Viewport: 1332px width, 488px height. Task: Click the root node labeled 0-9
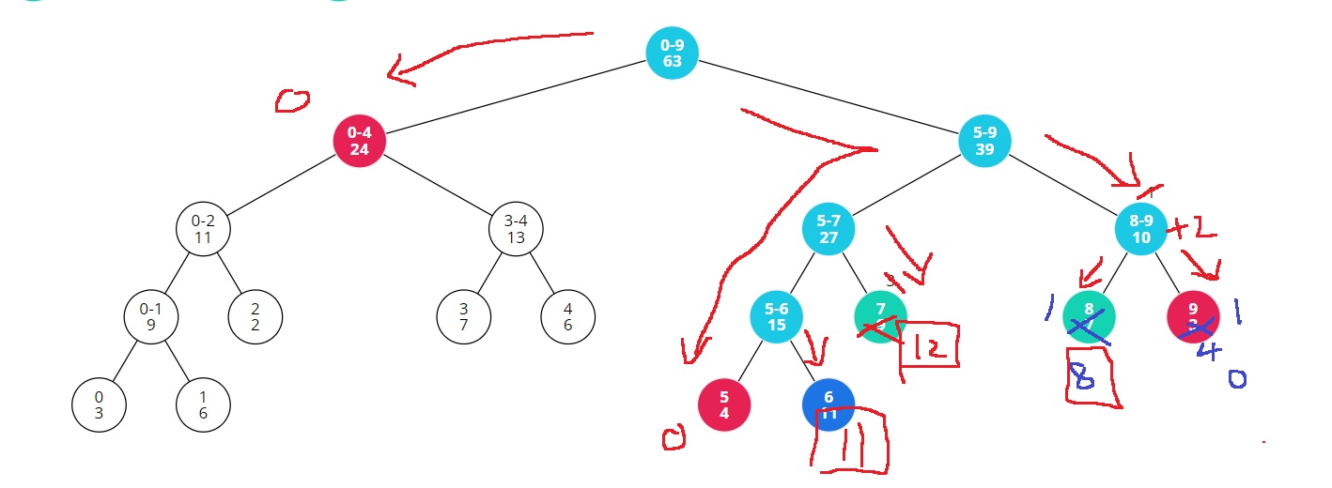(673, 53)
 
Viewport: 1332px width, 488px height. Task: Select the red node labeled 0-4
(360, 141)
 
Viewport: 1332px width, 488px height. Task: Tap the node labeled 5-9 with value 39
(984, 141)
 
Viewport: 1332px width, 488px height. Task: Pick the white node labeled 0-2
(203, 228)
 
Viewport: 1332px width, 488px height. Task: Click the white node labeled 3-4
(516, 228)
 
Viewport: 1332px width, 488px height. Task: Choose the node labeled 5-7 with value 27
(829, 228)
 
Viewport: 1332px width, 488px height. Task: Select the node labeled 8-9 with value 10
(1141, 228)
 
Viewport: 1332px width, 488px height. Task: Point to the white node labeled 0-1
(151, 316)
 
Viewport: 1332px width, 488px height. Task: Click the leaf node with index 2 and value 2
(256, 316)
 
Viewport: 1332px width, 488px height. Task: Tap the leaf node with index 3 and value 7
(464, 316)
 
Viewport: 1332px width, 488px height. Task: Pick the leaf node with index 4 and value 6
(568, 316)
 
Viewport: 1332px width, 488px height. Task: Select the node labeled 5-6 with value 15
(776, 316)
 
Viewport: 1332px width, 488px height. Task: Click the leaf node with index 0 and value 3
(99, 404)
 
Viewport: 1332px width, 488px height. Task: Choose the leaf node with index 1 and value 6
(203, 404)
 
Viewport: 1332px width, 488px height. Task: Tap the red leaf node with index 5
(724, 404)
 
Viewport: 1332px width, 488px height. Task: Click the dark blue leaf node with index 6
(829, 404)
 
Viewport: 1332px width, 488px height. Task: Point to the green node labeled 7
(880, 316)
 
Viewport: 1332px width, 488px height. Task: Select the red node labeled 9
(1193, 316)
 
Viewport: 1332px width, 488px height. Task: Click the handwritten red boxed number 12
(928, 348)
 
